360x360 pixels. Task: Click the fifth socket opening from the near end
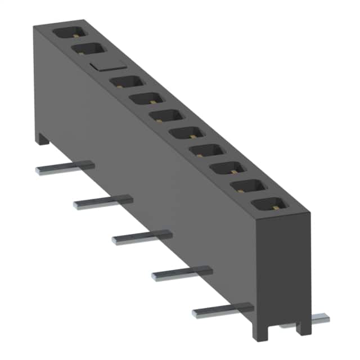[x=190, y=134]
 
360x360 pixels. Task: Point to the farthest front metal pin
[x=65, y=167]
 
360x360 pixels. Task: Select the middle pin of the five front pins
[x=142, y=236]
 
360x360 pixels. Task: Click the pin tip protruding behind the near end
[x=320, y=319]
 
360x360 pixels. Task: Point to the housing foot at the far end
[x=43, y=137]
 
